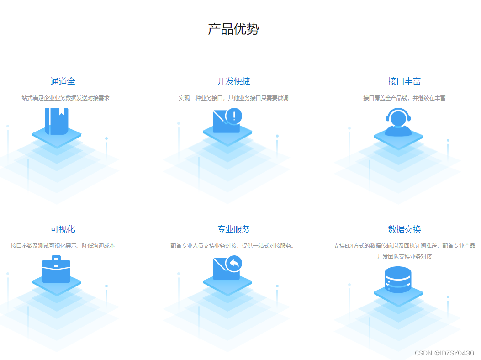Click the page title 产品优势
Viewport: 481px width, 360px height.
[x=233, y=29]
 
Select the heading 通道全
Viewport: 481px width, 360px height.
[x=63, y=81]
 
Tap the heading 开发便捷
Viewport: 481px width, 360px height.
[x=233, y=81]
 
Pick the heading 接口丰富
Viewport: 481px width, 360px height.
[x=404, y=81]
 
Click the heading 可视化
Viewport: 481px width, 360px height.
[x=63, y=229]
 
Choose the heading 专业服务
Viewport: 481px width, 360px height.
[x=233, y=229]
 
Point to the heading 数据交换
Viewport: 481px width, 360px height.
[x=404, y=229]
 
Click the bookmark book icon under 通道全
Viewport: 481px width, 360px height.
[x=57, y=121]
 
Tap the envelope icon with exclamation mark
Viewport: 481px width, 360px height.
[x=226, y=122]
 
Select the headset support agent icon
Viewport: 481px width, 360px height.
[x=398, y=122]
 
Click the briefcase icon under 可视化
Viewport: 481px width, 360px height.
[x=56, y=270]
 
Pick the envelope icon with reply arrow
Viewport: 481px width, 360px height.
[x=226, y=269]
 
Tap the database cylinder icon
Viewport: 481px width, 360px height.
[x=398, y=280]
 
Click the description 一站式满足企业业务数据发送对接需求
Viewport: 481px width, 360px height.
[x=63, y=98]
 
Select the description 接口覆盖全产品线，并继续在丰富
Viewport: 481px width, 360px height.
[x=404, y=98]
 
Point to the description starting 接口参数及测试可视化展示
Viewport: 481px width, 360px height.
[x=63, y=246]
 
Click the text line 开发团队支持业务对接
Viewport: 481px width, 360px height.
[x=404, y=257]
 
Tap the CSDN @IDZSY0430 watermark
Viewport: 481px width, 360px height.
[x=444, y=353]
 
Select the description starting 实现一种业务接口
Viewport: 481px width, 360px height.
[x=233, y=98]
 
